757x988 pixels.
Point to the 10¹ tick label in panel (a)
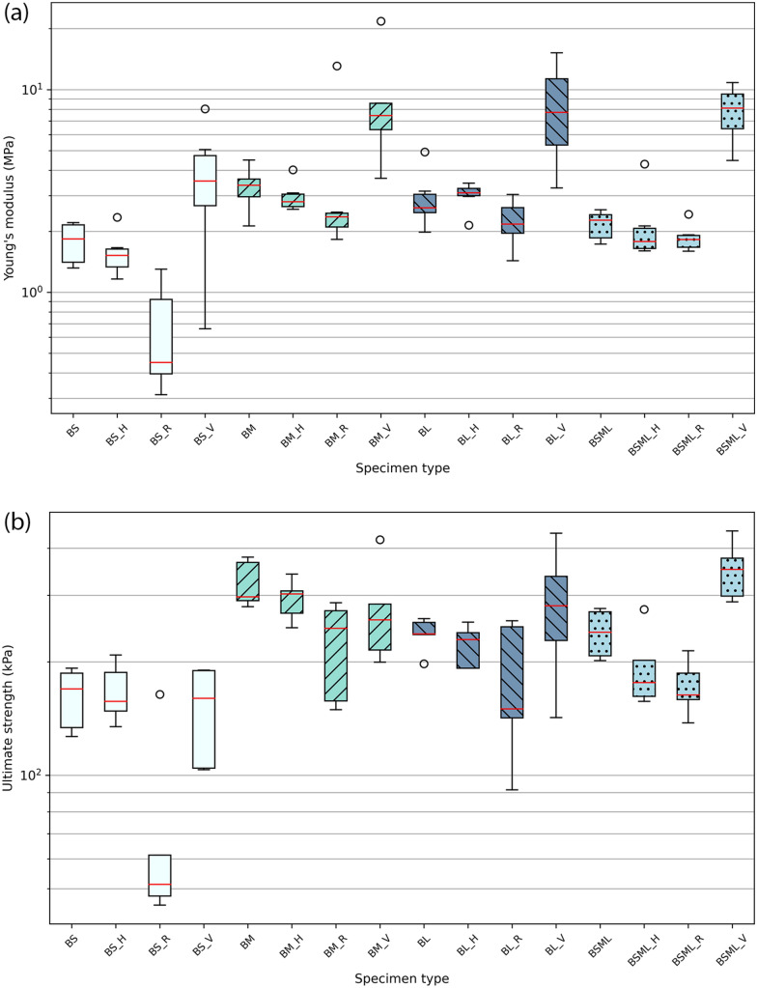click(x=32, y=89)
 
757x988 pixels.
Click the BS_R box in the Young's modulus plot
click(x=160, y=336)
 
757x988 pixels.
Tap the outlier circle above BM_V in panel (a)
click(x=380, y=20)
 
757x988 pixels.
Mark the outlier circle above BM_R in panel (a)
click(x=337, y=66)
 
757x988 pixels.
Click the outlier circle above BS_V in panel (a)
click(x=205, y=109)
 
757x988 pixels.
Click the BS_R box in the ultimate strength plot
click(x=160, y=875)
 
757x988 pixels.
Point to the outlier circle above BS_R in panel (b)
click(x=160, y=693)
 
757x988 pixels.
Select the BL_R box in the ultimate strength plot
click(x=512, y=672)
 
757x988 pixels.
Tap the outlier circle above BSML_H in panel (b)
click(x=644, y=609)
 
